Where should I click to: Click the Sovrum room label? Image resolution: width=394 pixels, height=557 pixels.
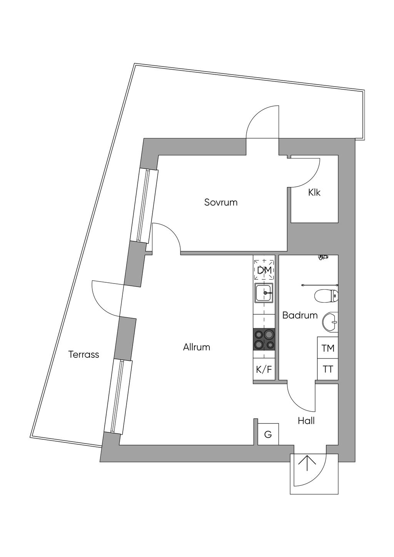point(221,202)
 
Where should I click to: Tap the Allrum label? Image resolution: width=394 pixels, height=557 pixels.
point(197,347)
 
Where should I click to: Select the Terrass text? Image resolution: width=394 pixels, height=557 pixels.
point(84,354)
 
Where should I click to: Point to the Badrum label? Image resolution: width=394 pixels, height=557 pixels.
point(300,315)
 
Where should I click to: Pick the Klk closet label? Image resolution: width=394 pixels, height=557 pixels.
point(314,192)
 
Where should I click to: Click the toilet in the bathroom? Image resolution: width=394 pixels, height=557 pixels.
point(326,296)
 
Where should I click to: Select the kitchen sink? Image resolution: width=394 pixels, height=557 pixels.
point(264,293)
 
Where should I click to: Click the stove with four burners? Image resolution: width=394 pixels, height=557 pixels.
point(264,339)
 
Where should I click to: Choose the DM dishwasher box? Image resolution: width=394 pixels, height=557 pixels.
point(264,270)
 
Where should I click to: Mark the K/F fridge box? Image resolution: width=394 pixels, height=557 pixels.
point(264,370)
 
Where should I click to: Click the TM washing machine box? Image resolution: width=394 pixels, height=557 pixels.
point(328,348)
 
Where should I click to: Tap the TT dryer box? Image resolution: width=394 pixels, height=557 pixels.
point(328,369)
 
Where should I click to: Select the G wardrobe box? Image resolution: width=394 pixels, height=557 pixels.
point(268,434)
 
